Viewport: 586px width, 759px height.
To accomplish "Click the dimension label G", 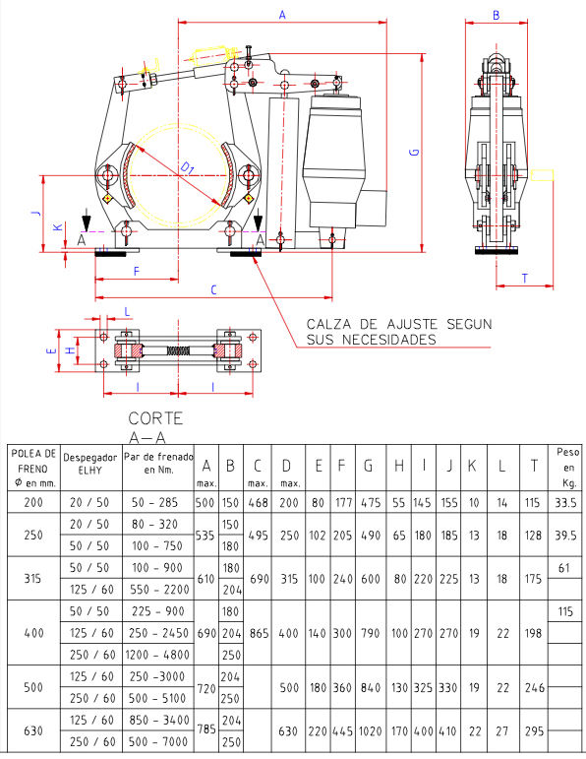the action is (x=414, y=152).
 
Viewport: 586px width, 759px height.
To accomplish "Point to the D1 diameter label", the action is (x=188, y=168).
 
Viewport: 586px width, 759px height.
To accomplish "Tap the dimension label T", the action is (x=525, y=279).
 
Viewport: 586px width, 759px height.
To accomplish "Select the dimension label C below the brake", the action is (x=213, y=290).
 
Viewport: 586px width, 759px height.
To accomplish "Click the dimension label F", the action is (x=137, y=272).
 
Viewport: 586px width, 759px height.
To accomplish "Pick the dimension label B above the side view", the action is (x=496, y=16).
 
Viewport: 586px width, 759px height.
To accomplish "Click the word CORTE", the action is (x=155, y=418).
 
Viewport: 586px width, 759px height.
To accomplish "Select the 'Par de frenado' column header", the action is (x=158, y=463).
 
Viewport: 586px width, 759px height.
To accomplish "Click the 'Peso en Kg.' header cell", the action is (x=567, y=467).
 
